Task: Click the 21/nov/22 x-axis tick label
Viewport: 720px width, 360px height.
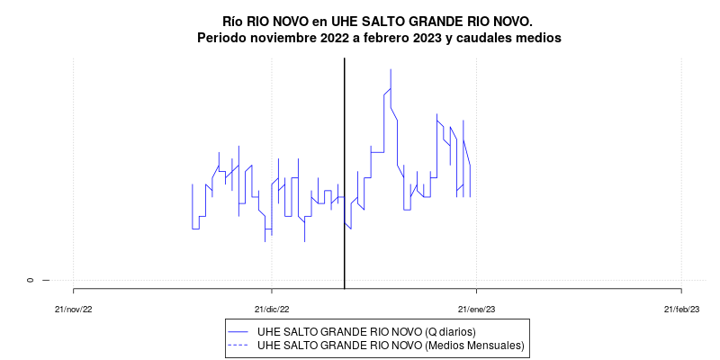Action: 73,309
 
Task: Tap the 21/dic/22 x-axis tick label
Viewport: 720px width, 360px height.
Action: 271,309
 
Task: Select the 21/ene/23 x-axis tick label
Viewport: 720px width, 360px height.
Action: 476,309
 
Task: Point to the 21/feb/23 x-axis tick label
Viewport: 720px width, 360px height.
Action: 681,309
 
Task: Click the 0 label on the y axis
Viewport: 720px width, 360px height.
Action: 31,280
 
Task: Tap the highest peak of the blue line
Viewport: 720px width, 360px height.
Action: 391,70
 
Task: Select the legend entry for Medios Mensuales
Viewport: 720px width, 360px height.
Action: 390,345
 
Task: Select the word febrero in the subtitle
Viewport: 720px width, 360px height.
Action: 390,39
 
